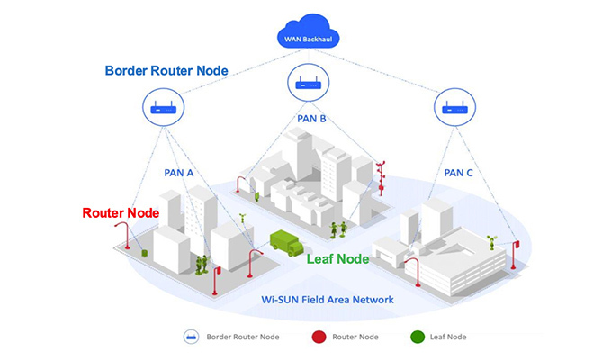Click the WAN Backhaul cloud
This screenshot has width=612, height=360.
coord(306,35)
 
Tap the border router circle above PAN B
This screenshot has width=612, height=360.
coord(308,85)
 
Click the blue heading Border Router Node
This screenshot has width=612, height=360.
coord(167,70)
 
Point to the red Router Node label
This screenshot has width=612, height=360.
coord(121,213)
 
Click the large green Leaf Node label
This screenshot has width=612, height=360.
coord(338,259)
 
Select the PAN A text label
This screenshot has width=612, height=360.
coord(178,171)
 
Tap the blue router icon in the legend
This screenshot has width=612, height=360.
coord(192,337)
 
